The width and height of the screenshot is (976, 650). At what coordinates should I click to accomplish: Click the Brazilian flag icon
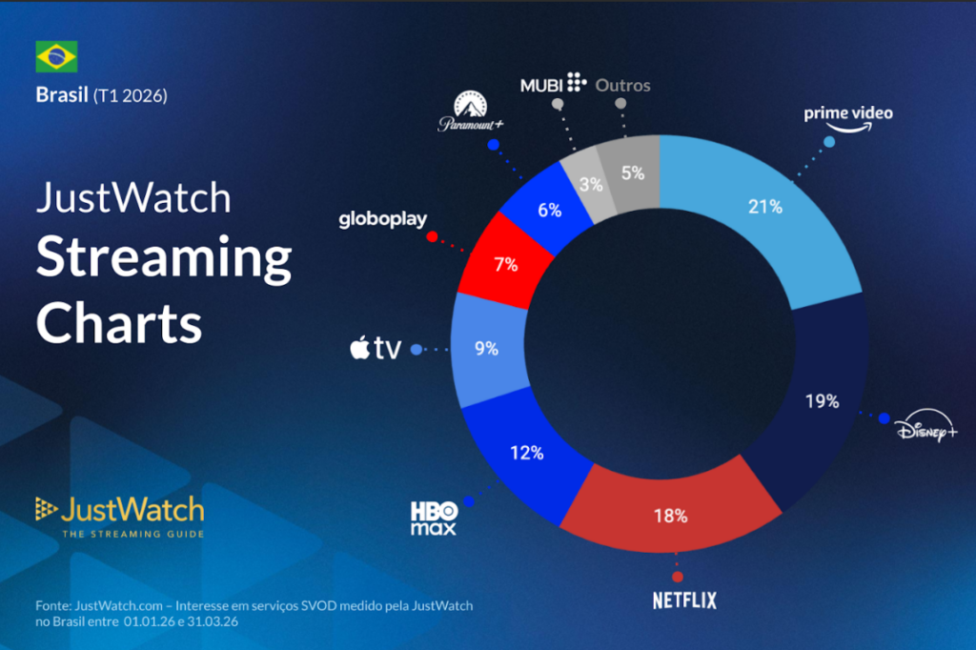[x=56, y=57]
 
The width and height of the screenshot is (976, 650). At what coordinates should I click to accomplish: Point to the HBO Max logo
[x=434, y=518]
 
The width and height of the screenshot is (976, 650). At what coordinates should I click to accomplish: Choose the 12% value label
[x=526, y=453]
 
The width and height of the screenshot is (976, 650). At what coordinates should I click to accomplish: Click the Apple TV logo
[x=375, y=349]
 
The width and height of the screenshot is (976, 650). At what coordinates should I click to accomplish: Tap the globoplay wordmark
[x=383, y=220]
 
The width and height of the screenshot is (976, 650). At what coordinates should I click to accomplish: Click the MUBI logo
[x=552, y=84]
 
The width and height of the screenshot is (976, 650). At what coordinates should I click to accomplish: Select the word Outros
[x=622, y=85]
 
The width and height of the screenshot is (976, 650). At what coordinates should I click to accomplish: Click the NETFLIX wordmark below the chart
[x=683, y=600]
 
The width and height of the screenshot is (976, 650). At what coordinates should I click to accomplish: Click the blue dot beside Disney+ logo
[x=884, y=418]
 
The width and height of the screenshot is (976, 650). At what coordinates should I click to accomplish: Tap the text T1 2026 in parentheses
[x=131, y=95]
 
